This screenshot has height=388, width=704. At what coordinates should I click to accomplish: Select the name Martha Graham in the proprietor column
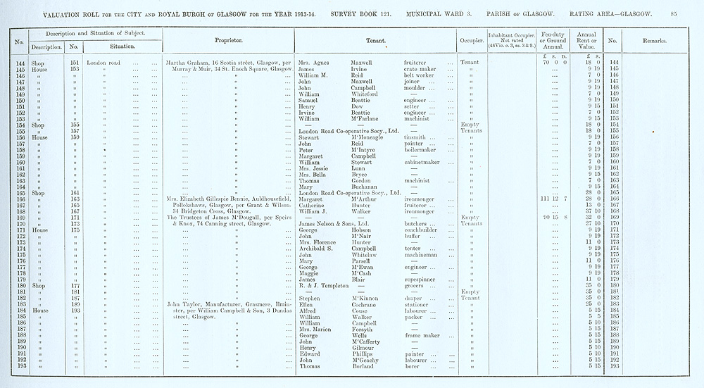click(x=185, y=63)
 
